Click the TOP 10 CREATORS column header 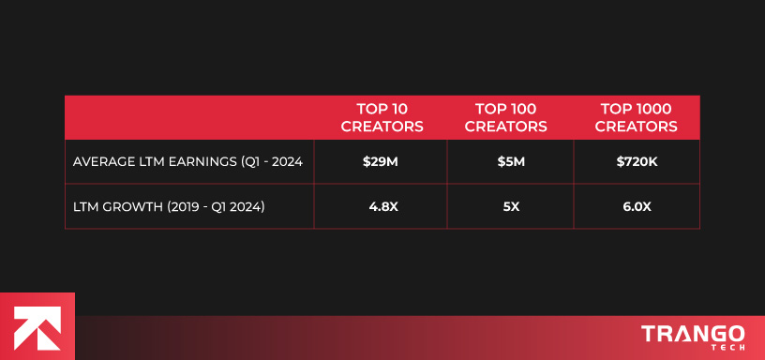point(382,117)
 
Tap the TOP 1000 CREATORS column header point(637,117)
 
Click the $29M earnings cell point(381,162)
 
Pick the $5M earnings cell point(511,162)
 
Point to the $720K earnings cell point(637,162)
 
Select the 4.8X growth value point(381,206)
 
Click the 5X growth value point(511,206)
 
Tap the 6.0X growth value point(637,206)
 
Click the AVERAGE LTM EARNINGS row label point(187,162)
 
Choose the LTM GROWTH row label point(169,206)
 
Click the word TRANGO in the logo point(693,335)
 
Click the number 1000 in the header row point(656,109)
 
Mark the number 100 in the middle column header point(528,109)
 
